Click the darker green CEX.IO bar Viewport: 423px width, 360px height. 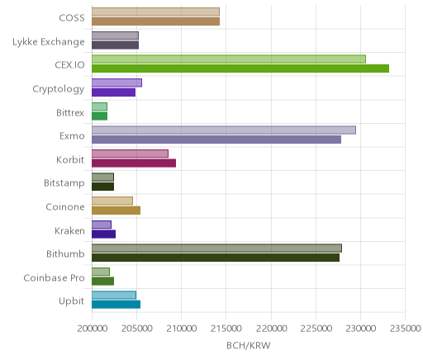point(240,69)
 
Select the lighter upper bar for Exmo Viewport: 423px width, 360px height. point(224,130)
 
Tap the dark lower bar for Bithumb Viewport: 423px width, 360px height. point(216,258)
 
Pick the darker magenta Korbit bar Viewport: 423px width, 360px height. point(134,163)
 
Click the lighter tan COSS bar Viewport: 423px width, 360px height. point(155,12)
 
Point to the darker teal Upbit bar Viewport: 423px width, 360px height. point(116,305)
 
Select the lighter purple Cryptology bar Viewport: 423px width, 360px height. point(117,83)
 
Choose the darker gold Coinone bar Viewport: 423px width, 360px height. point(116,211)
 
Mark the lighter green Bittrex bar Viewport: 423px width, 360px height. point(99,107)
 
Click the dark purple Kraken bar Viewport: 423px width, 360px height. point(104,234)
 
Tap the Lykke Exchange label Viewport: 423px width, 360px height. point(49,42)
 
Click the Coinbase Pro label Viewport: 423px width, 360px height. point(54,277)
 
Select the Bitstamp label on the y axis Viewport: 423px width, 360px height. point(64,183)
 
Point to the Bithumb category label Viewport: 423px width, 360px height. point(65,253)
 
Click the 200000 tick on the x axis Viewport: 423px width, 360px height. point(92,329)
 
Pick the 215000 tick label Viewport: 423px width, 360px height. point(226,329)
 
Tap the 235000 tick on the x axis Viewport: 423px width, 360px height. point(405,329)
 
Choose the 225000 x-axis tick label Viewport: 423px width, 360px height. point(316,329)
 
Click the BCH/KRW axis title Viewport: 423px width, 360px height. point(249,346)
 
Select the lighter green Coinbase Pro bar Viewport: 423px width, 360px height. point(101,272)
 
